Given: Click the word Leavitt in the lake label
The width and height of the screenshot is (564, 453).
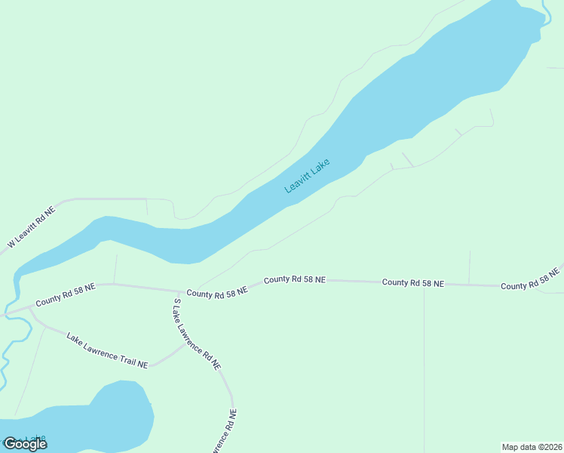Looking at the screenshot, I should point(299,181).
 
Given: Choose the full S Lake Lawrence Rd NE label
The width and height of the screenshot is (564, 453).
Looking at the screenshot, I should point(197,333).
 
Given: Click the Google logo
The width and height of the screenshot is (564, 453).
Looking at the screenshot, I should point(25,444).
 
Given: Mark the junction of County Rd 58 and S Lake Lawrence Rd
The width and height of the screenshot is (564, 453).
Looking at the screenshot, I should point(180,291).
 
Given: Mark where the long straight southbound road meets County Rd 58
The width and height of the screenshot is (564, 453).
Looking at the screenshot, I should point(424,283).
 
